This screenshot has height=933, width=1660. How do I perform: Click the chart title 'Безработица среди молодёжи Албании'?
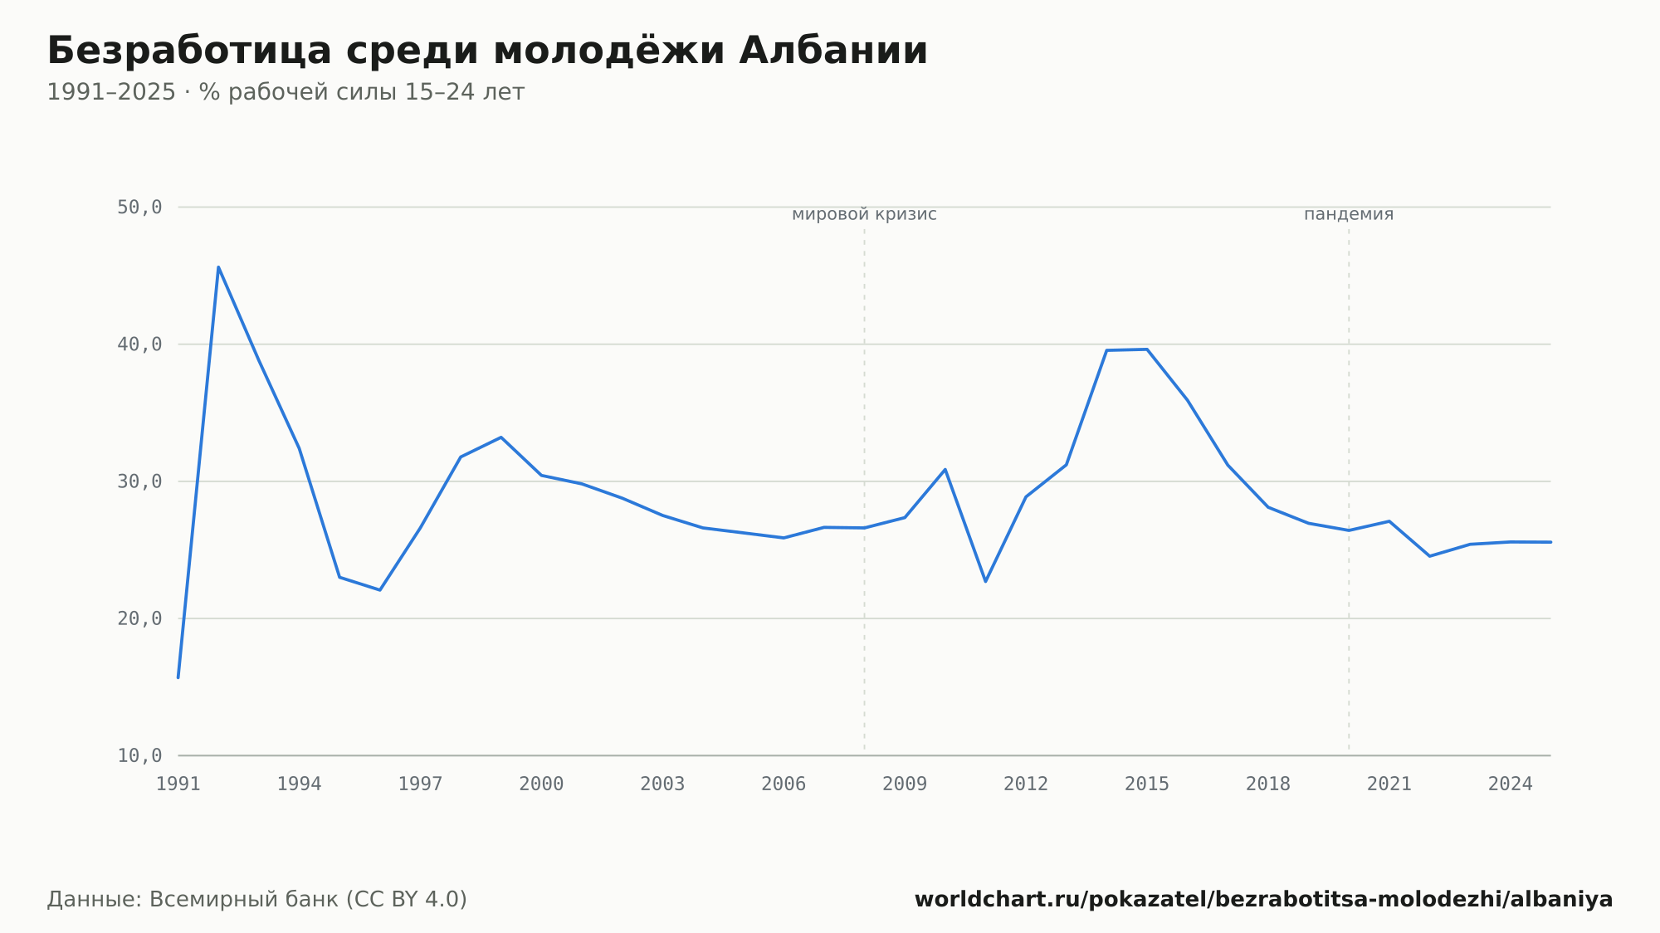point(487,51)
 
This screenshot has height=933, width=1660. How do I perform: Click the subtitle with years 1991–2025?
point(286,92)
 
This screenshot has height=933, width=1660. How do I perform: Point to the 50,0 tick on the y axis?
point(139,208)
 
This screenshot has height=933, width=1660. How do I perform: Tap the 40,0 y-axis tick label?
point(139,344)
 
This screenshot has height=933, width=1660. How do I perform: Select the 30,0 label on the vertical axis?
point(139,481)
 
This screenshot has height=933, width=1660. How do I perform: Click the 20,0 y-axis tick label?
point(139,618)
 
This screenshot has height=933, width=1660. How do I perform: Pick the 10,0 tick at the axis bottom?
point(139,755)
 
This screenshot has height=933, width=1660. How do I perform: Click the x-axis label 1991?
point(178,784)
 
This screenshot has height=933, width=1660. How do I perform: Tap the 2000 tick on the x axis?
point(541,784)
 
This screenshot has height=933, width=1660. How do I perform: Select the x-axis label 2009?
point(905,784)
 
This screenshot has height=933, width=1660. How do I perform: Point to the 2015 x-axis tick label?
point(1147,784)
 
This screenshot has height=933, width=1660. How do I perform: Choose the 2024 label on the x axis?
point(1511,784)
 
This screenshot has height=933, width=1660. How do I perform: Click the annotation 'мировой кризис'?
point(864,214)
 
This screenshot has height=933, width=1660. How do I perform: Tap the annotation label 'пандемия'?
point(1349,214)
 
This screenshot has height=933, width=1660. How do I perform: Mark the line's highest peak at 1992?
point(218,266)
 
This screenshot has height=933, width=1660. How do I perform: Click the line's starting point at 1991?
point(178,677)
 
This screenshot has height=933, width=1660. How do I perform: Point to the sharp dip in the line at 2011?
point(985,581)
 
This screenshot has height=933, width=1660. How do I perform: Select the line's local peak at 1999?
point(501,437)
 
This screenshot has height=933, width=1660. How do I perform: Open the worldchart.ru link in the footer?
point(1263,900)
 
